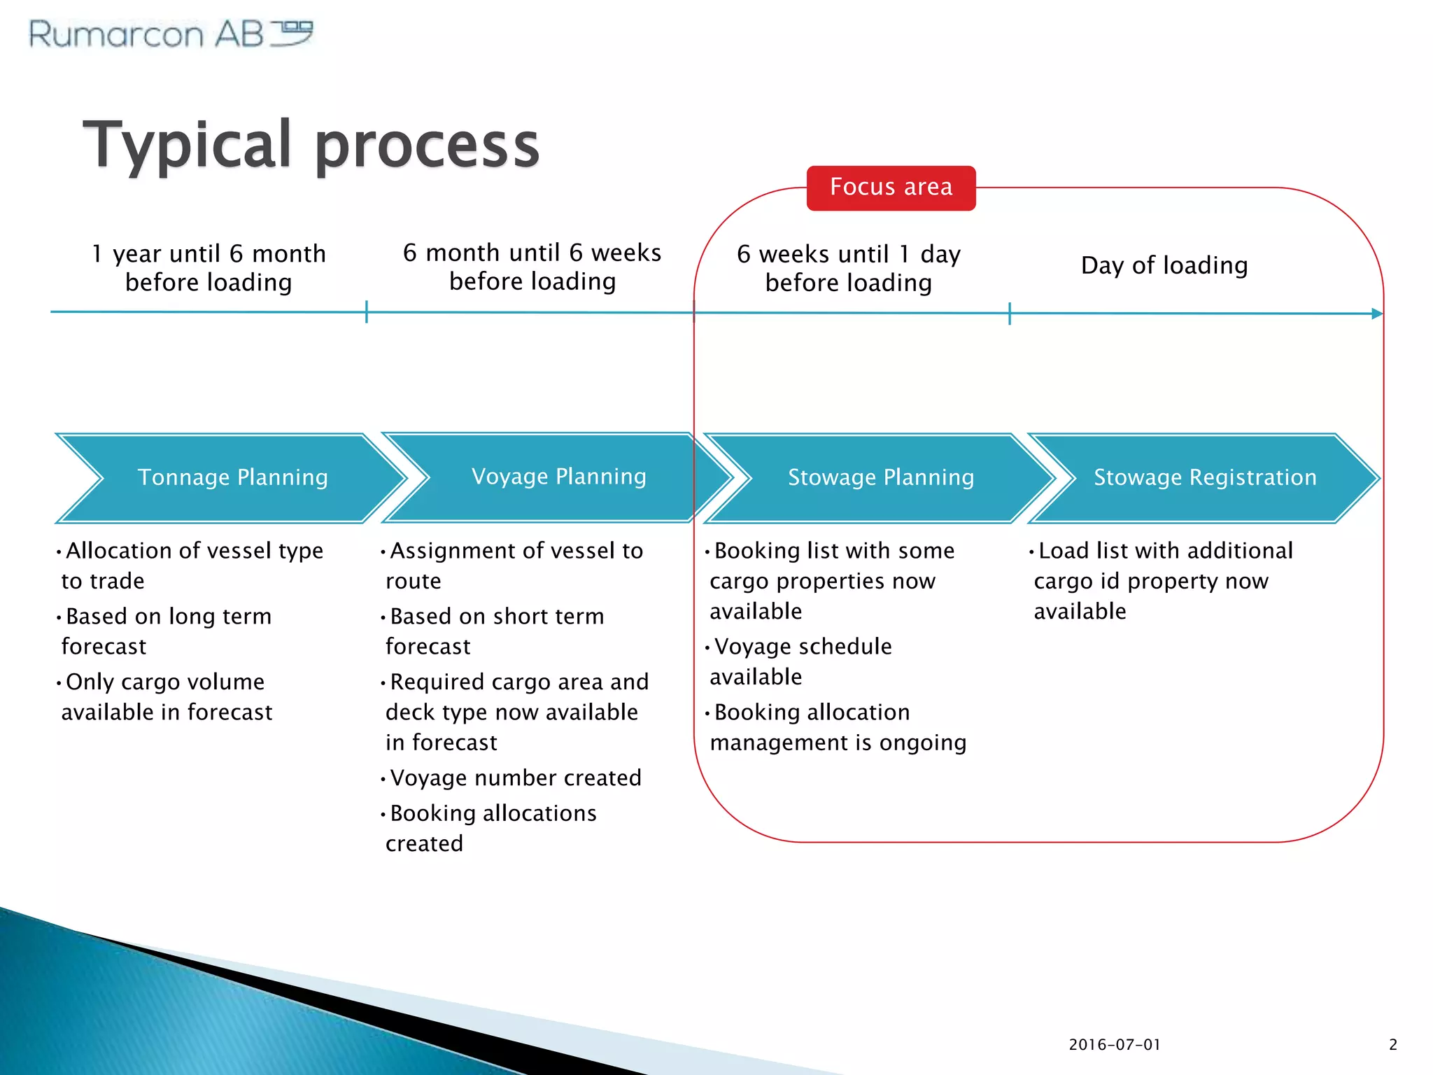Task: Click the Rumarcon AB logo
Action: tap(171, 34)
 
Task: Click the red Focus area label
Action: tap(891, 188)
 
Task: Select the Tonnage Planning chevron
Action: tap(232, 477)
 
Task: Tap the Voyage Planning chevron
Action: tap(558, 477)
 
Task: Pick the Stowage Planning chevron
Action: tap(880, 477)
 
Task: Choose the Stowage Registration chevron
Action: tap(1204, 477)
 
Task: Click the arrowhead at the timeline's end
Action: tap(1377, 314)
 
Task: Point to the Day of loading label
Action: tap(1164, 265)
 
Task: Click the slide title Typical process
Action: tap(311, 145)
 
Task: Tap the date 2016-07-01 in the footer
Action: tap(1115, 1045)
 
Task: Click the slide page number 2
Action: tap(1392, 1045)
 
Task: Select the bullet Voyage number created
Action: tap(515, 778)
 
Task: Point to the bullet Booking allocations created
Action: tap(492, 828)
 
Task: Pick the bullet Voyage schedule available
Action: tap(802, 661)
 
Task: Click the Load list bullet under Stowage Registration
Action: tap(1164, 580)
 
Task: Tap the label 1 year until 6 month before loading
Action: tap(209, 267)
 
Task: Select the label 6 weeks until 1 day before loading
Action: tap(848, 268)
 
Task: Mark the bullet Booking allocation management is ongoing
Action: tap(838, 726)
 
